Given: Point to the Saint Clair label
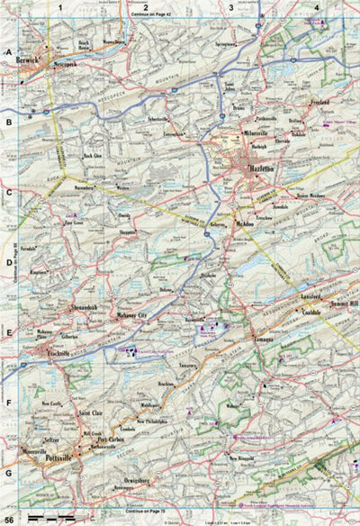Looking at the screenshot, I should (94, 413).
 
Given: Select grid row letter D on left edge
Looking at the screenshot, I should (8, 263).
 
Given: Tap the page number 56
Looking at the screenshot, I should (9, 518).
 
